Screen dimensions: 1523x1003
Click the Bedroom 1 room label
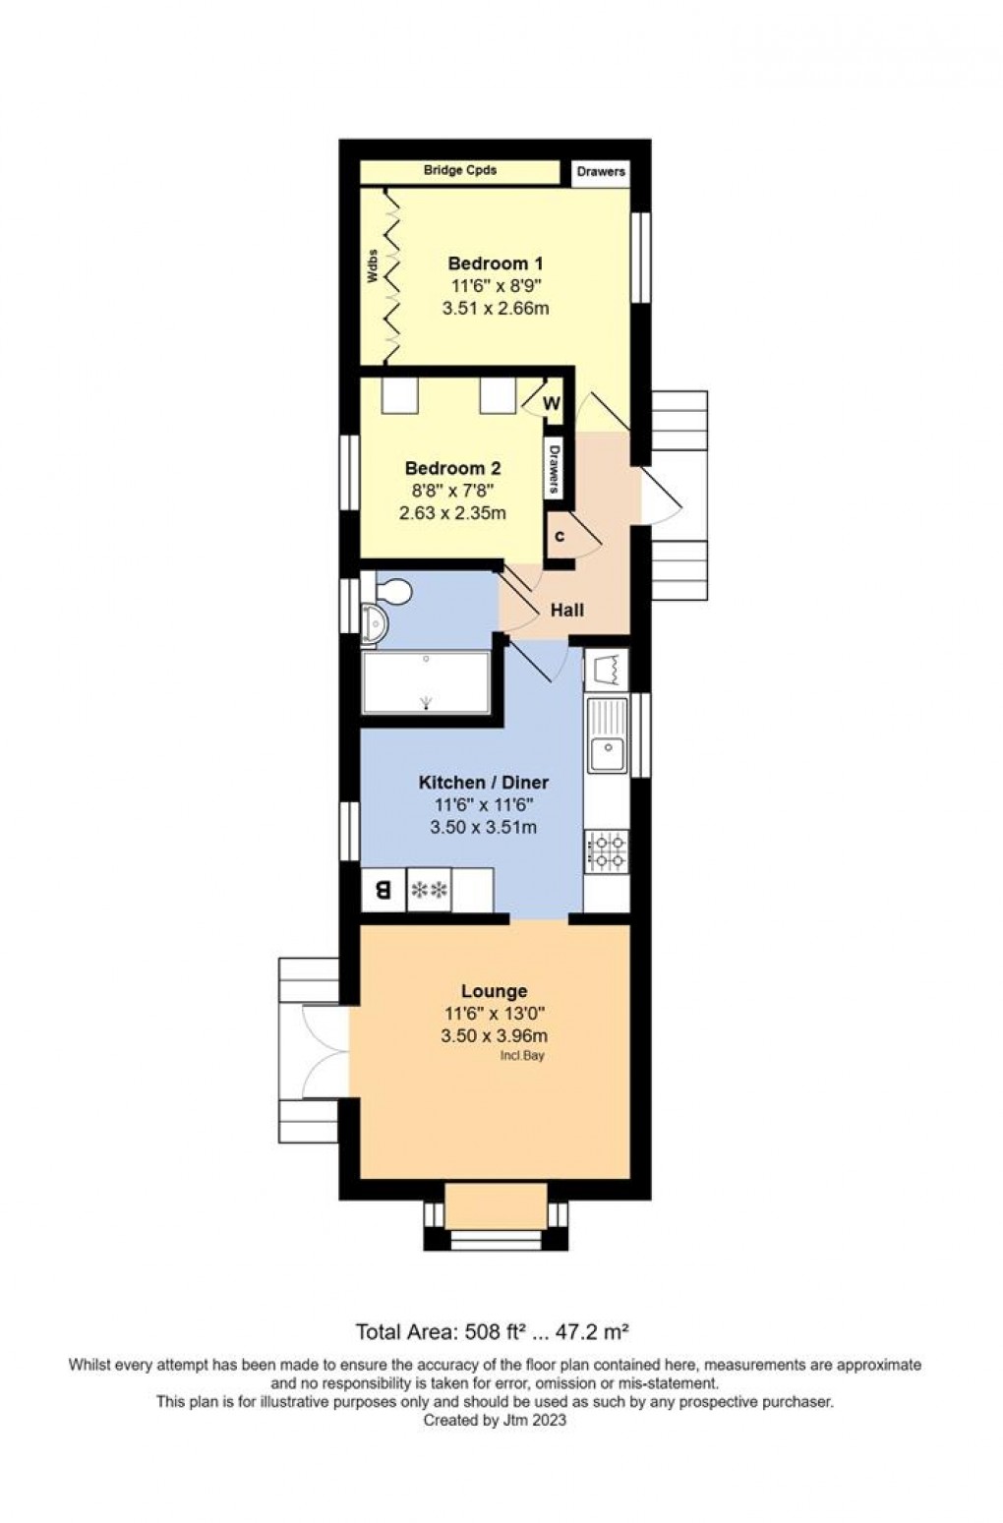495,264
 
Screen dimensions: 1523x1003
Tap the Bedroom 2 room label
452,468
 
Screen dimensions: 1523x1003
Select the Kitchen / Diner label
483,783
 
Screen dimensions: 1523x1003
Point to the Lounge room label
494,991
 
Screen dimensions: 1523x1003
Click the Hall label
566,610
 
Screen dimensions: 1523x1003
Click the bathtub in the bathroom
425,682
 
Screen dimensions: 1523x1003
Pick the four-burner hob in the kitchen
607,851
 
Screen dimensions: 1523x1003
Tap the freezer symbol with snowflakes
429,891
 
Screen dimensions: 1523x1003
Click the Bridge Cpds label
459,170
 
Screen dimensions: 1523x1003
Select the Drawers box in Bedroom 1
601,171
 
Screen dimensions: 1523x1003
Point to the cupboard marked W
551,403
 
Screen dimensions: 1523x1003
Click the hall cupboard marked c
560,537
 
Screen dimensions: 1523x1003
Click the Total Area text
492,1332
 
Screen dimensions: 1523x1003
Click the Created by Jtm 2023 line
494,1420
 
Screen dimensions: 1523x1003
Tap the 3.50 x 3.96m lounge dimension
494,1035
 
